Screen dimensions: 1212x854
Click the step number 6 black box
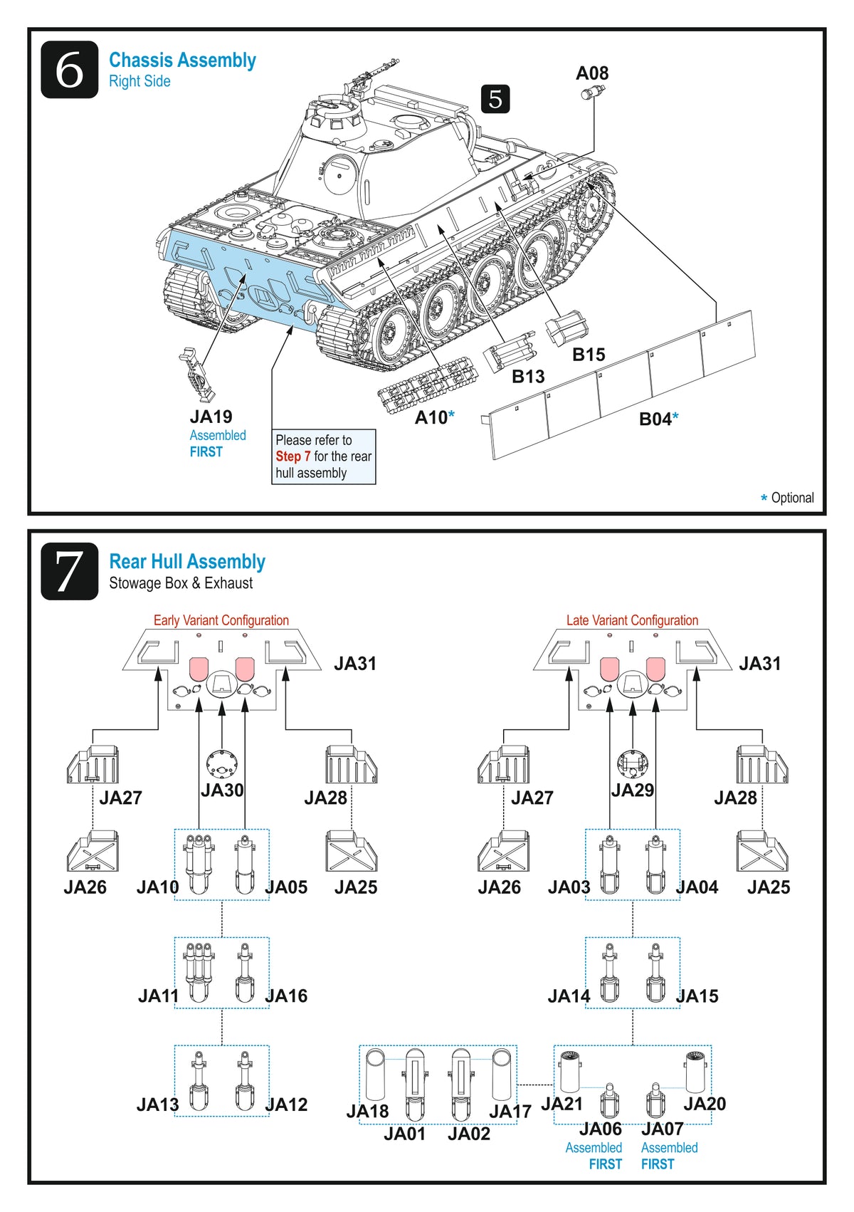[69, 70]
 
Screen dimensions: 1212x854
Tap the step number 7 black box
[69, 571]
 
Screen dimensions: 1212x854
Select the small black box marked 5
[495, 99]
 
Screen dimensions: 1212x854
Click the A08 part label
[592, 73]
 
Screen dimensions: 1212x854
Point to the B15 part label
[589, 355]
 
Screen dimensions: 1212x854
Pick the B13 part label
[528, 377]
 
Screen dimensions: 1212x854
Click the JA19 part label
[211, 417]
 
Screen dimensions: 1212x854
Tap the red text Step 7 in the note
[293, 456]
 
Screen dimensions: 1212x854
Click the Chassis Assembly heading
[182, 61]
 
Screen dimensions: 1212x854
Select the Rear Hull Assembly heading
[187, 562]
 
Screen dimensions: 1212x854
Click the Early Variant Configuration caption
[221, 620]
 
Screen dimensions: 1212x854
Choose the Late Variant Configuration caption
[632, 620]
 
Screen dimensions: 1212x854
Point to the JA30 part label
[222, 790]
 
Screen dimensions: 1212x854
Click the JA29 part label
[633, 790]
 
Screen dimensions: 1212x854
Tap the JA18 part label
[367, 1112]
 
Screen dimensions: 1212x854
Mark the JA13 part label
[157, 1104]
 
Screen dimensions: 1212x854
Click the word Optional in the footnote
[792, 498]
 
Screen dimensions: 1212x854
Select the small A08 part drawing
[592, 93]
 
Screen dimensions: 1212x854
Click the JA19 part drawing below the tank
[197, 375]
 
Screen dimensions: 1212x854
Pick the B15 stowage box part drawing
[566, 328]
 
